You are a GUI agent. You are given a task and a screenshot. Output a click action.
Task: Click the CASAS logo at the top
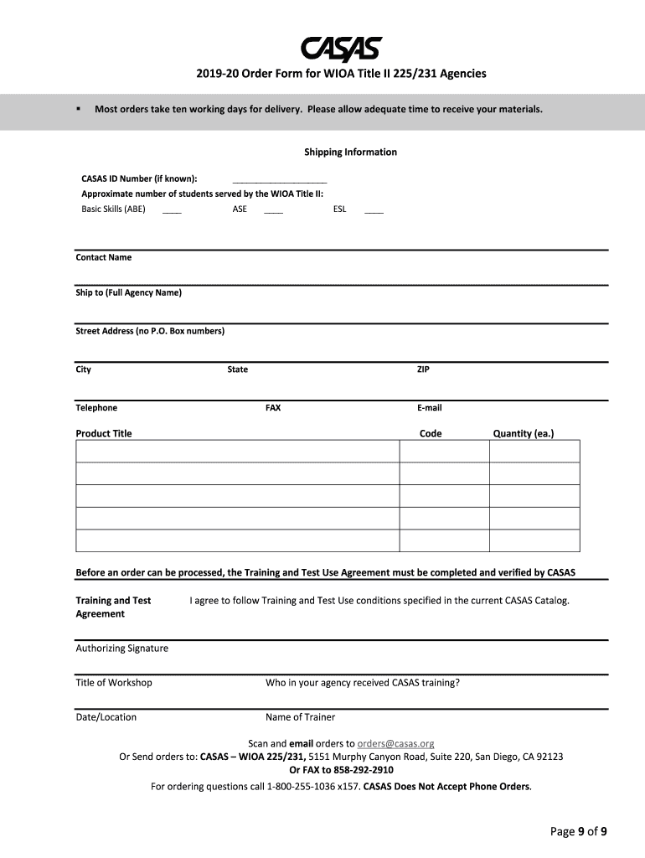341,49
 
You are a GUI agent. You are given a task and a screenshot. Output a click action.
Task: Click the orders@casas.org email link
395,743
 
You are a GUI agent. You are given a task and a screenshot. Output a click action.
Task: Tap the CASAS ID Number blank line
279,180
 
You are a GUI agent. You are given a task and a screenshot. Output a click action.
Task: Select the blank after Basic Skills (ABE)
172,211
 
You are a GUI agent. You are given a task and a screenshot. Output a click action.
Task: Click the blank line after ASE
273,211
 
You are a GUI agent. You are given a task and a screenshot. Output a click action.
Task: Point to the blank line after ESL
374,211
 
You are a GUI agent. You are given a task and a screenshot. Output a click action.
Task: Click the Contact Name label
104,257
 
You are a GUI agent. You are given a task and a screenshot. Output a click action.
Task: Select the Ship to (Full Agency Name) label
128,292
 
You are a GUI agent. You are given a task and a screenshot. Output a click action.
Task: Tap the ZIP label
424,370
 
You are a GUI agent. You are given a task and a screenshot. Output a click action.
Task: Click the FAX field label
273,408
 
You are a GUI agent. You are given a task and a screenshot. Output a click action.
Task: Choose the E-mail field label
430,408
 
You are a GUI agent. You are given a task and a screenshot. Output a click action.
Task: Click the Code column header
431,433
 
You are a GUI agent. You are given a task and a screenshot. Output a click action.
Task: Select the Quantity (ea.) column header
524,433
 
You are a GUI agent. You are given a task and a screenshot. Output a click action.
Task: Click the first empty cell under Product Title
237,451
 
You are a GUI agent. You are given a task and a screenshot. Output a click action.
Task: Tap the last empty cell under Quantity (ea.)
534,540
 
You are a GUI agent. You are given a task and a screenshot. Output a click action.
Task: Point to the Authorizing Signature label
122,648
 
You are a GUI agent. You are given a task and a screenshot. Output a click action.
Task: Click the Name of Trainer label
300,717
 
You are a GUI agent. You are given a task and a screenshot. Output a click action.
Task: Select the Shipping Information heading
350,152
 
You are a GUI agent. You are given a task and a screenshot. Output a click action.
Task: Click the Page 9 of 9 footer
578,831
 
